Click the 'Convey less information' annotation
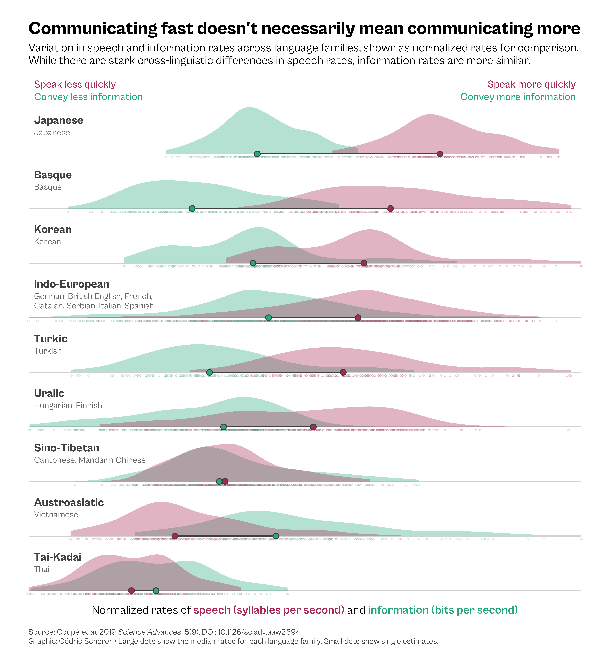(x=88, y=97)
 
